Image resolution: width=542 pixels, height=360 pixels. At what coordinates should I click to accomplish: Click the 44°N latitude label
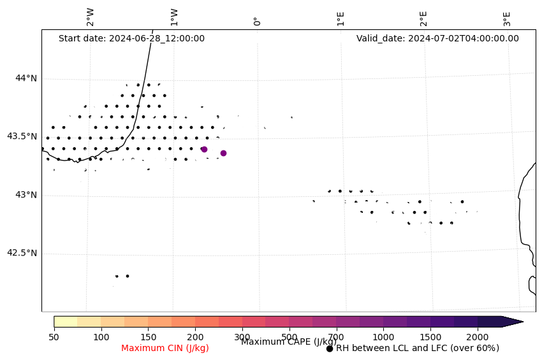coord(26,78)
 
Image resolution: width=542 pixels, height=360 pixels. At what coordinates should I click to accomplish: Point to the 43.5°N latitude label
coord(21,136)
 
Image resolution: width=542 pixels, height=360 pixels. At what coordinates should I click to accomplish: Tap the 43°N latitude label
coord(26,195)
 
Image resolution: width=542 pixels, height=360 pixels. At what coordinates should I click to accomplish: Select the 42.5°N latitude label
coord(21,253)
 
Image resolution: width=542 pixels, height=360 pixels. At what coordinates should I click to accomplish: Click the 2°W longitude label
coord(91,17)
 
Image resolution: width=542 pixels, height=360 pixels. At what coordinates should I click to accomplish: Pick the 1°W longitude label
coord(174,17)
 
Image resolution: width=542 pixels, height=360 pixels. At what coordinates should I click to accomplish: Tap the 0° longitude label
coord(257,21)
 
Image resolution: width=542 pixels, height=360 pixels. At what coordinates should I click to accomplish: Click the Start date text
coord(131,38)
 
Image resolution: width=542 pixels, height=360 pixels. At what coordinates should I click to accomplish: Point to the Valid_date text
coord(437,38)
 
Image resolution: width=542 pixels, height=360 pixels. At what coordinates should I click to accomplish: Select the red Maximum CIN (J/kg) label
coord(165,348)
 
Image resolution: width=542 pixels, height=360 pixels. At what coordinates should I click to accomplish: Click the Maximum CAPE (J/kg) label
coord(288,342)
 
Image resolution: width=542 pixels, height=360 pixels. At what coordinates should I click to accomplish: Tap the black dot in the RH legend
coord(330,349)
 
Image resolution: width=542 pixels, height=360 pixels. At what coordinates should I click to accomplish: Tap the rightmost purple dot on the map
coord(223,153)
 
